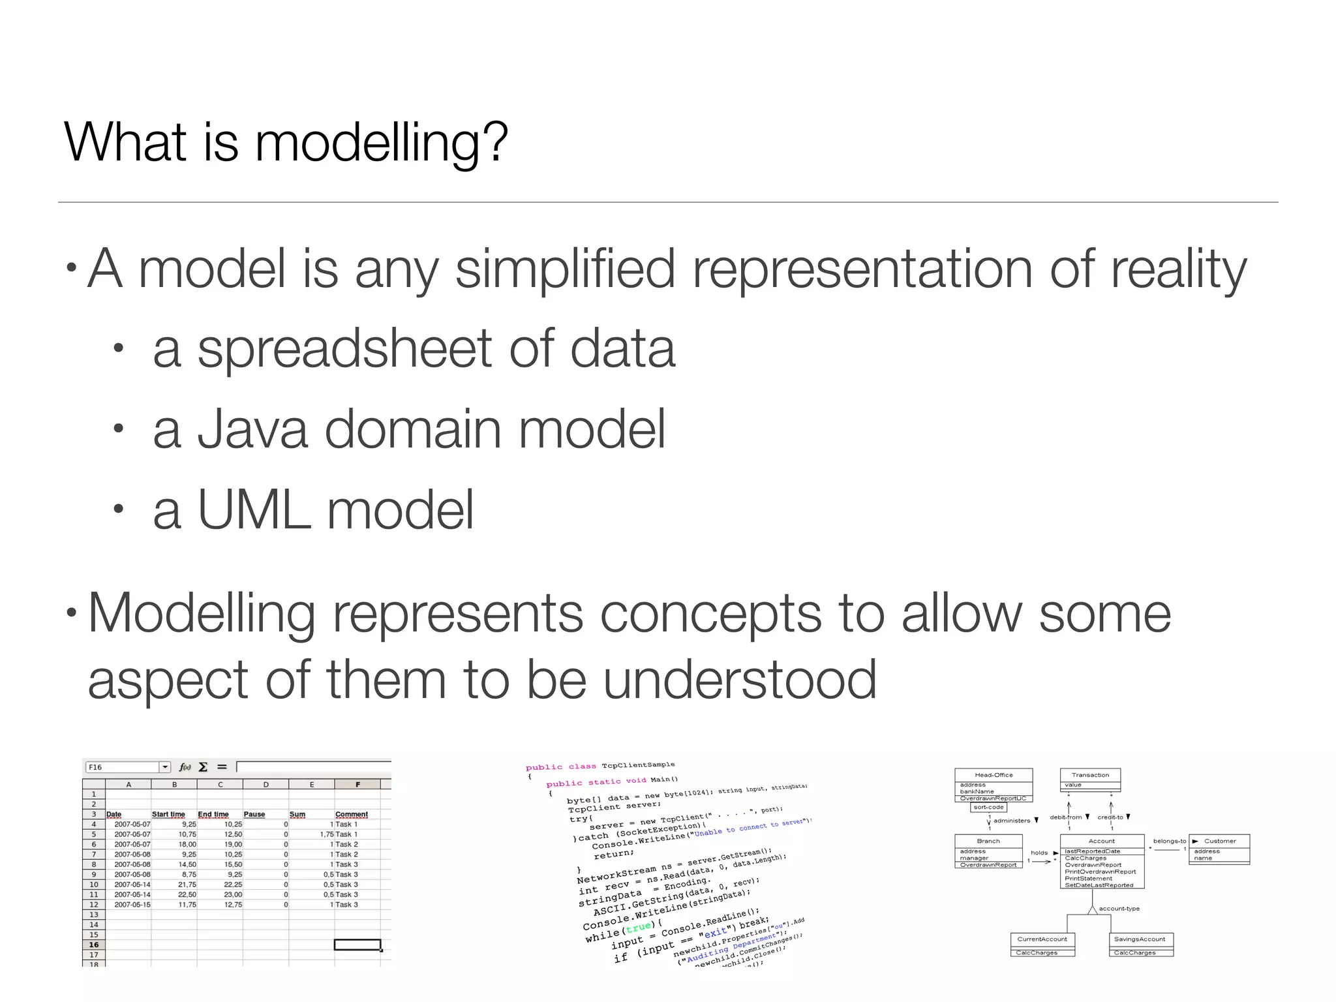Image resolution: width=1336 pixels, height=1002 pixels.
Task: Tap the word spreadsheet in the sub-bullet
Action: click(344, 349)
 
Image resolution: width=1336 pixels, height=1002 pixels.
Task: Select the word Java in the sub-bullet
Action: click(252, 429)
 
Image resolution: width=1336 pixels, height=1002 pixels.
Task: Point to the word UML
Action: click(253, 509)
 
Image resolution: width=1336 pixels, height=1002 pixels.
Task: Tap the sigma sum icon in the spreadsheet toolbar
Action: click(203, 767)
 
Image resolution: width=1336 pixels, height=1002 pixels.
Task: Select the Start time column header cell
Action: click(168, 814)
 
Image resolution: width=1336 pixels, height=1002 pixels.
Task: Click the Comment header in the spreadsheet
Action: click(352, 814)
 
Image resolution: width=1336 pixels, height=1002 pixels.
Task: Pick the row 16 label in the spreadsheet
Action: click(94, 945)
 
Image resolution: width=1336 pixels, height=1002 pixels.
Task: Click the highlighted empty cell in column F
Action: click(357, 945)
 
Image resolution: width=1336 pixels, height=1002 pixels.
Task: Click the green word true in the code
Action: click(638, 927)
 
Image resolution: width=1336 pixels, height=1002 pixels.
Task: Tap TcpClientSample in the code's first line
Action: click(638, 765)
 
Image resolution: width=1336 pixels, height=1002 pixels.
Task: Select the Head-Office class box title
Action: click(994, 775)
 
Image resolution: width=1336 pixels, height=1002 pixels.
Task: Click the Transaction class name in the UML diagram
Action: click(1090, 775)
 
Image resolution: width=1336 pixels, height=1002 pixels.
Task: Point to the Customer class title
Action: click(1220, 841)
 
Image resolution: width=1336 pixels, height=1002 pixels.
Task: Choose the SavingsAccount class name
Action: click(1140, 939)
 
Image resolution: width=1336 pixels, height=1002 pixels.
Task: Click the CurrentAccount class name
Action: click(1042, 939)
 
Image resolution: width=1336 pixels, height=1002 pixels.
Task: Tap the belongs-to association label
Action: click(1169, 841)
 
